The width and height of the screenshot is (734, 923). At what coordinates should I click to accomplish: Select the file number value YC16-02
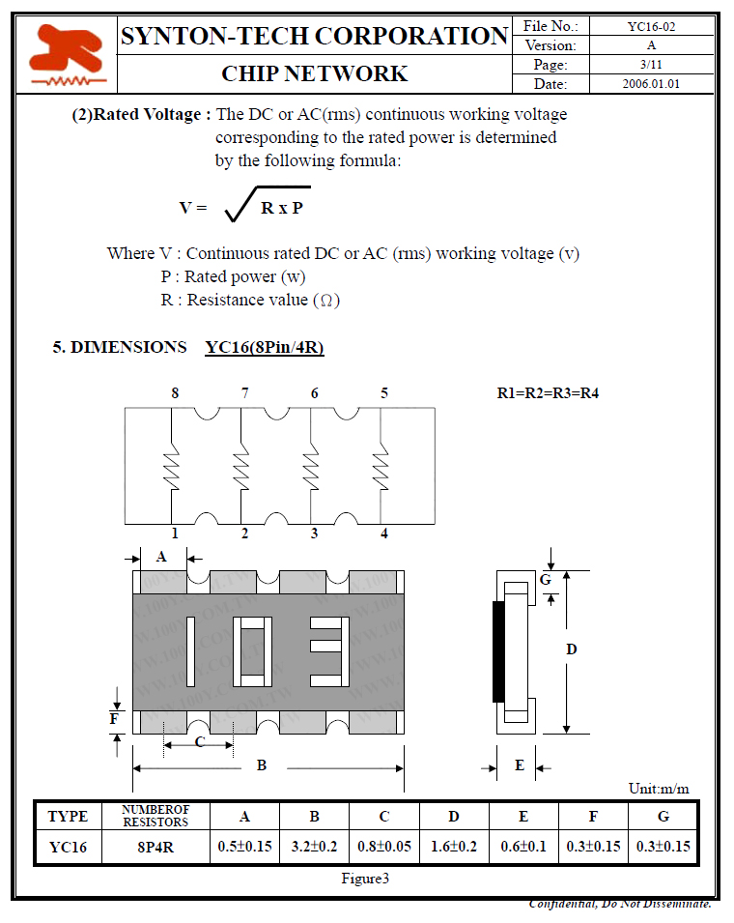tap(651, 26)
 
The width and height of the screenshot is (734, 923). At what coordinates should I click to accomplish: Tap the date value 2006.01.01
tap(651, 84)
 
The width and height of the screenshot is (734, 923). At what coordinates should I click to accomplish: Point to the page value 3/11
tap(651, 65)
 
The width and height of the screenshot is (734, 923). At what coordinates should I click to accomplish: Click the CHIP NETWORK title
tap(314, 73)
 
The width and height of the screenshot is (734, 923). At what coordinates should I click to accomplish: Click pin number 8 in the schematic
tap(175, 393)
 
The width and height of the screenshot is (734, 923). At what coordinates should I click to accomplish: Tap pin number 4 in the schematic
tap(384, 534)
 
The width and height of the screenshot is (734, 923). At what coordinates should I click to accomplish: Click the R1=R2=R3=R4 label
tap(548, 393)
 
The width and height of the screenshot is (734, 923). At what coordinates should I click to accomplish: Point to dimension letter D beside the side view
tap(571, 649)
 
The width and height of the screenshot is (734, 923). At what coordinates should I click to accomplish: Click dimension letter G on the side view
tap(545, 580)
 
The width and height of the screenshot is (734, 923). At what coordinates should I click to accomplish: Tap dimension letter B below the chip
tap(261, 765)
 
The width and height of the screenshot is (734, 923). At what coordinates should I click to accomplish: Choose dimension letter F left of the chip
tap(114, 719)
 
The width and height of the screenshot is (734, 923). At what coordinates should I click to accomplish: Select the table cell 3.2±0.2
tap(314, 847)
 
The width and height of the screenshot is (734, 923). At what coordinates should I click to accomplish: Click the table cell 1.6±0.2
tap(454, 847)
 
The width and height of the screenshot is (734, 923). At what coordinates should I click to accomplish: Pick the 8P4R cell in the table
tap(155, 847)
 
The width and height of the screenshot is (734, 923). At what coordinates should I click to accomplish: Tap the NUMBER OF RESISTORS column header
tap(155, 816)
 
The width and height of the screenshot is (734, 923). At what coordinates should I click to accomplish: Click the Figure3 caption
tap(365, 879)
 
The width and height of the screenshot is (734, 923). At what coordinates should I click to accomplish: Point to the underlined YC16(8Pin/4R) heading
tap(265, 347)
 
